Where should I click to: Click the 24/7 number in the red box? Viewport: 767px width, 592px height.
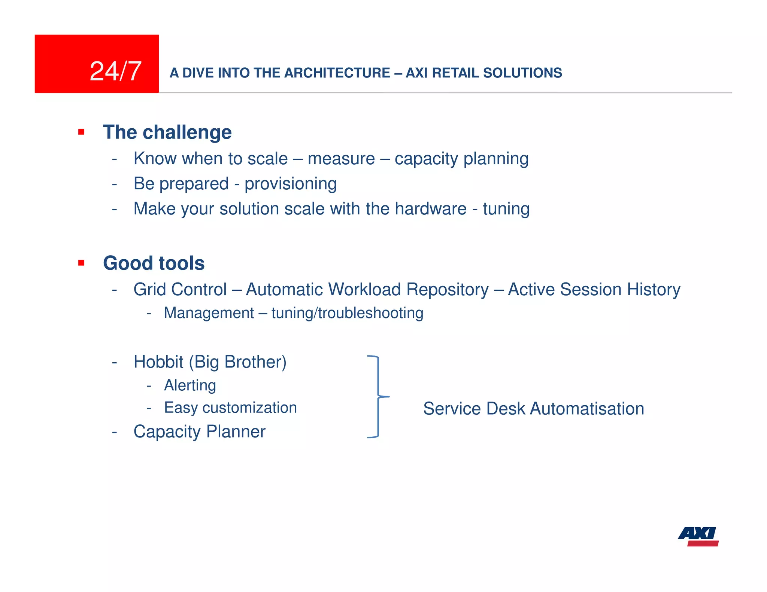[115, 71]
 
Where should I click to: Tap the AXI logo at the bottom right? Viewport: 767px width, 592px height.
[698, 536]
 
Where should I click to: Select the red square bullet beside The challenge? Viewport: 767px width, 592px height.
[81, 132]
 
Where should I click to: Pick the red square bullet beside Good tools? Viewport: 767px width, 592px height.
[81, 263]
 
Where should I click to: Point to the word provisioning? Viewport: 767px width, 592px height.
[291, 184]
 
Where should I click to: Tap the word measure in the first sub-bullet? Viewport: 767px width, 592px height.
[341, 159]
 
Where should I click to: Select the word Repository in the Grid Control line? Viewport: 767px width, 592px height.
[448, 290]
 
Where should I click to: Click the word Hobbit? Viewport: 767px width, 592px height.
[158, 362]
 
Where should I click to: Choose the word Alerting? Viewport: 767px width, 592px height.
[190, 385]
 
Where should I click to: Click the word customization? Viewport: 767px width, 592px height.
[249, 408]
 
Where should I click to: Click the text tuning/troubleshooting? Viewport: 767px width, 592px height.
[347, 313]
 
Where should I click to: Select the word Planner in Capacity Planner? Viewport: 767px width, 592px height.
[236, 431]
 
